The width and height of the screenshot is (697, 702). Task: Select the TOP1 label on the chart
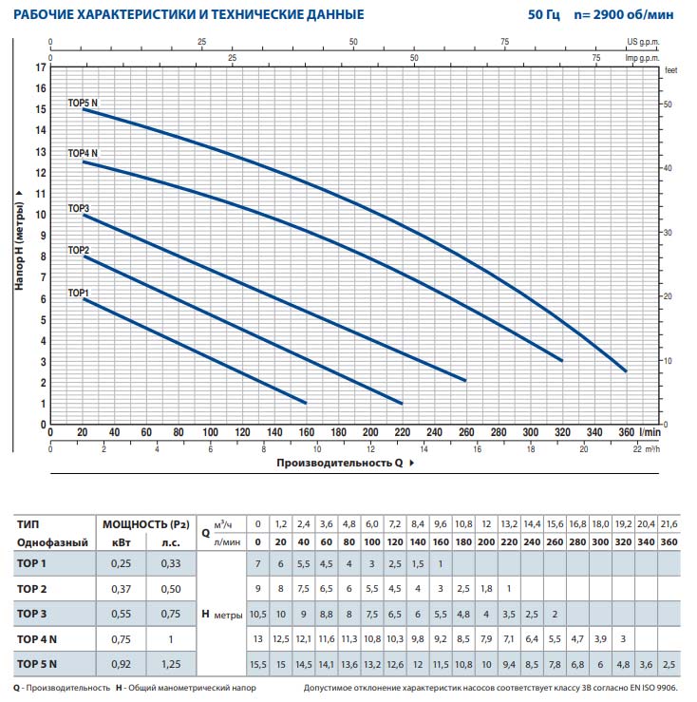click(x=78, y=293)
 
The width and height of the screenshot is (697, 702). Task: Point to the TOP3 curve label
click(x=78, y=208)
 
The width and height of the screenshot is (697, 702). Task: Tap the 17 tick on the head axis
click(x=40, y=67)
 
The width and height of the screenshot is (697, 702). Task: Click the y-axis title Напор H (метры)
click(x=19, y=237)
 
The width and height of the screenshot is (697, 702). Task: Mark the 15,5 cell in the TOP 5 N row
click(x=257, y=663)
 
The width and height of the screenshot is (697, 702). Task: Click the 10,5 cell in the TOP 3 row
click(x=257, y=614)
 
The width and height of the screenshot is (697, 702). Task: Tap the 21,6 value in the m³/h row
click(x=669, y=523)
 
